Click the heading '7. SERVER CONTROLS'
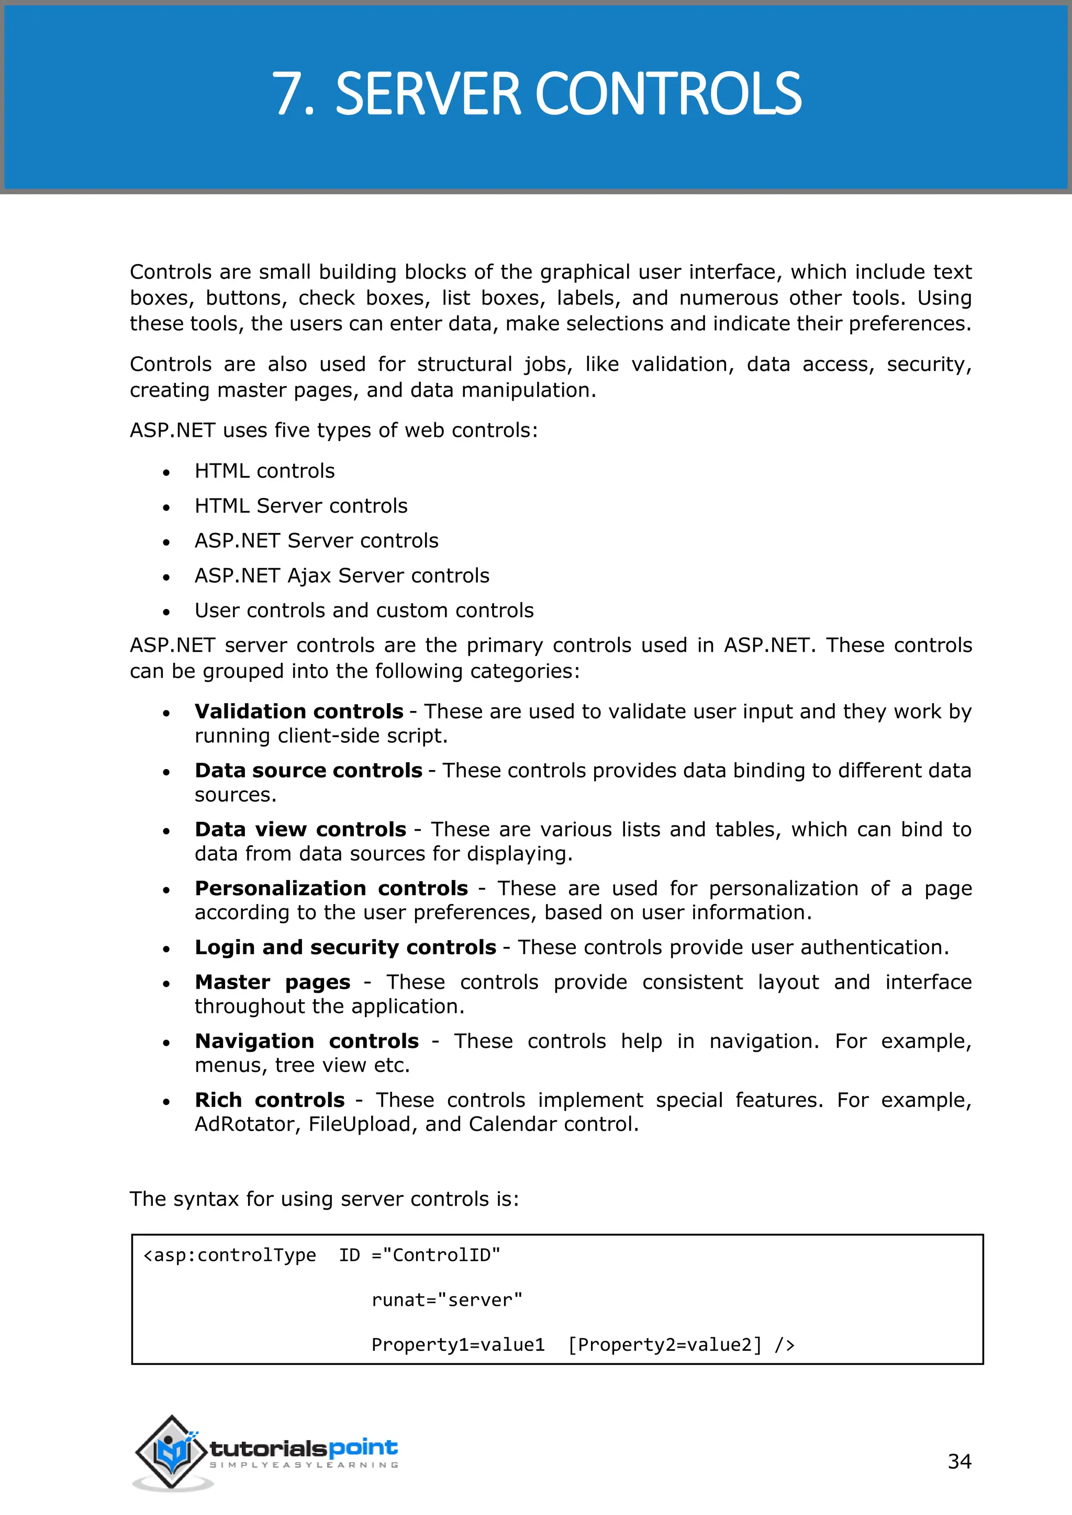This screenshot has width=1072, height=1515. pos(536,94)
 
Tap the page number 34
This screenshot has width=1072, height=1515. pos(959,1461)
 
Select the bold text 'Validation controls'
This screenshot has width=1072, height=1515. pos(298,711)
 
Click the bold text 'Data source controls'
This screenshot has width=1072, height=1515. pos(308,770)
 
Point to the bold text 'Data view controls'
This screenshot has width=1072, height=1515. pos(300,829)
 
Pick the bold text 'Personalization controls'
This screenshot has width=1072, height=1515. pos(331,888)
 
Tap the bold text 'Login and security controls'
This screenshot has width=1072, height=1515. pos(345,947)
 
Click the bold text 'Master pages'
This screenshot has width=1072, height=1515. pos(272,982)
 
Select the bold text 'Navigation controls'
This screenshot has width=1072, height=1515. pos(306,1041)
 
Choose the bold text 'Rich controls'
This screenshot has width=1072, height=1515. pos(270,1100)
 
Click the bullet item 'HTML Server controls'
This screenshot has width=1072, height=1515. pos(301,505)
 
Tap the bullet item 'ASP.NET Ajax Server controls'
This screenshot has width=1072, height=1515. pos(342,575)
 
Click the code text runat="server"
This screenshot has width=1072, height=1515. pos(447,1300)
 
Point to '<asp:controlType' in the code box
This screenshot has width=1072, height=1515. pos(230,1255)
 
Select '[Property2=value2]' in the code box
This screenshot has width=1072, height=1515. pos(665,1345)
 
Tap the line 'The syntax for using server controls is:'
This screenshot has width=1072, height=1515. pos(324,1199)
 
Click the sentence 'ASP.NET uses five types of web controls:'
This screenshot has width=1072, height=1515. pos(333,430)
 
